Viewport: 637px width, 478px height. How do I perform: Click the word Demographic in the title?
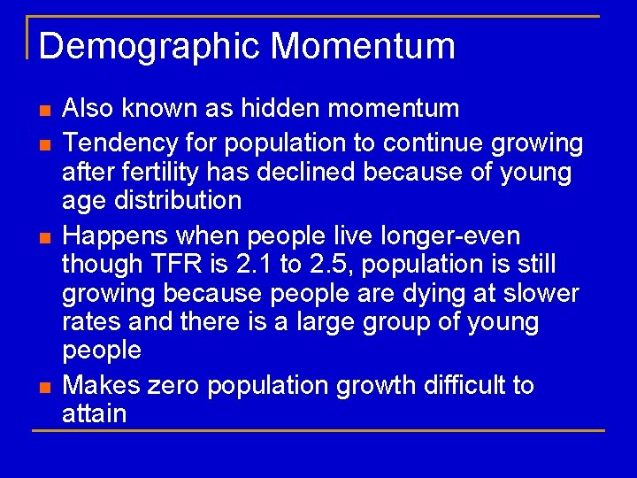point(150,46)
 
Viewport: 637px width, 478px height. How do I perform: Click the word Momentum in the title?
point(363,46)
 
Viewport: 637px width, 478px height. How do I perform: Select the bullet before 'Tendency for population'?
point(43,143)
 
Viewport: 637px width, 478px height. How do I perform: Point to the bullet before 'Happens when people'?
point(43,236)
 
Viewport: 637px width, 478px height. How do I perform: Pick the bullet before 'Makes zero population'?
point(43,386)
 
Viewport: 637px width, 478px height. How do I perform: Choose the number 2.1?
point(233,264)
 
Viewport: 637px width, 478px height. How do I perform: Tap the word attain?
point(95,413)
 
